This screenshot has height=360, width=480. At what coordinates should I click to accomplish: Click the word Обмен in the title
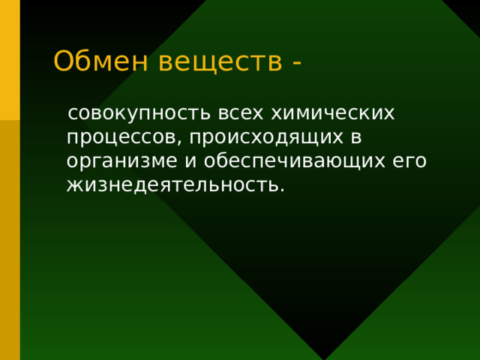(102, 61)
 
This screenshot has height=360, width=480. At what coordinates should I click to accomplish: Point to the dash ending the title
(298, 62)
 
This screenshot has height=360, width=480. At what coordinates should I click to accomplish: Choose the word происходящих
(262, 139)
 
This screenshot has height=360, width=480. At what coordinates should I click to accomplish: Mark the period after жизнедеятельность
(282, 188)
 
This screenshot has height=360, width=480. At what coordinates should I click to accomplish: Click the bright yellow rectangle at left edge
(10, 60)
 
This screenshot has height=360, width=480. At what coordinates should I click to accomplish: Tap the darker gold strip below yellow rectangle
(10, 240)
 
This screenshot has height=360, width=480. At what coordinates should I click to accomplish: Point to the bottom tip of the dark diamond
(324, 357)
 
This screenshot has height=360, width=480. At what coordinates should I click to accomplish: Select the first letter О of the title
(63, 61)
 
